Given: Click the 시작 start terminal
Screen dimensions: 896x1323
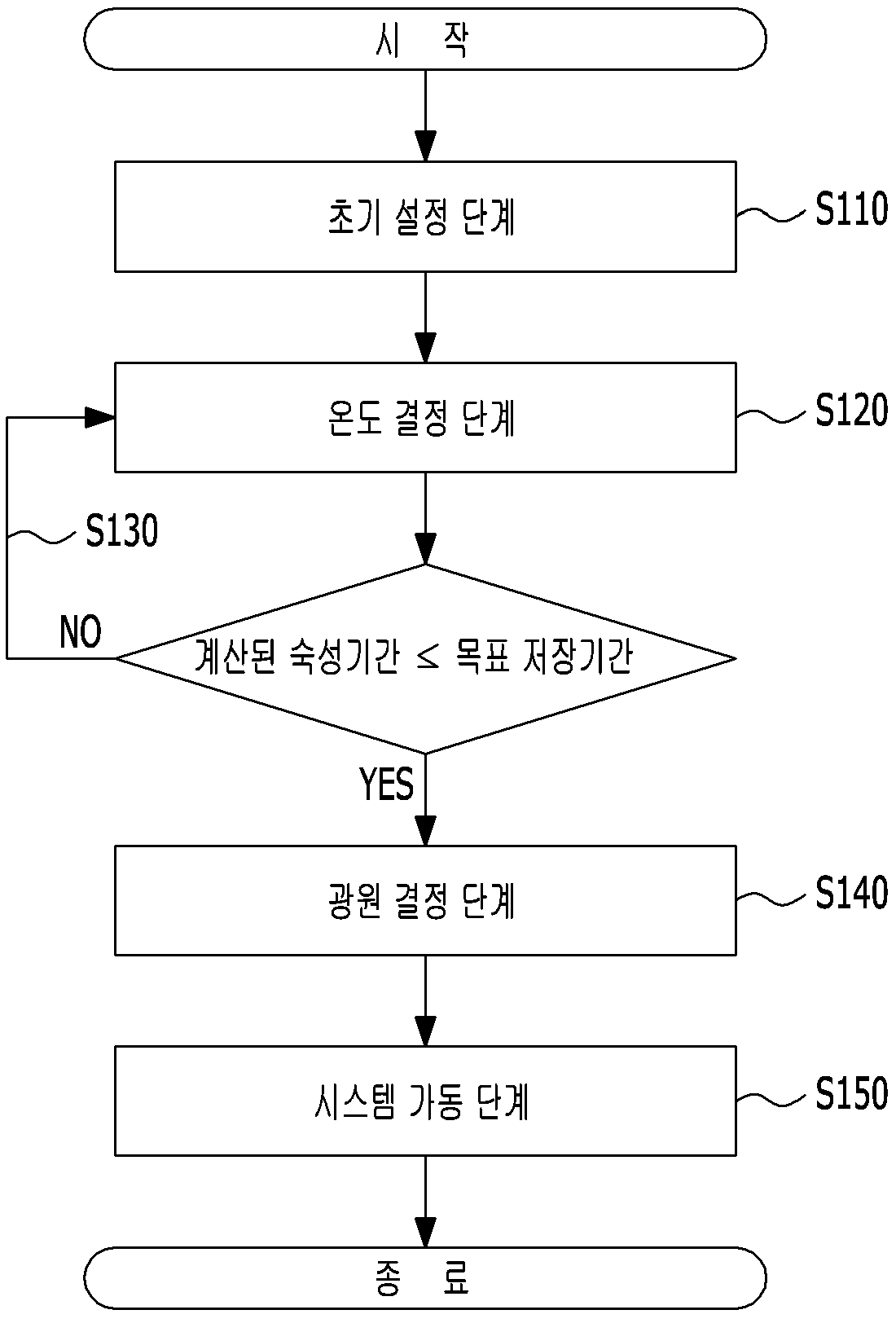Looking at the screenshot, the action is click(x=424, y=39).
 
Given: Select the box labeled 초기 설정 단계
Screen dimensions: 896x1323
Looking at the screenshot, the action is click(x=425, y=217).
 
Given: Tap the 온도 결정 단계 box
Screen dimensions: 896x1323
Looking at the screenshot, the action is click(x=425, y=418).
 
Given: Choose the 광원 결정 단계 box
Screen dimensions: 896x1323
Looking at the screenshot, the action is click(x=425, y=901).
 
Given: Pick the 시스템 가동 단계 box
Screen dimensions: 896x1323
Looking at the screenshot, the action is click(x=425, y=1101).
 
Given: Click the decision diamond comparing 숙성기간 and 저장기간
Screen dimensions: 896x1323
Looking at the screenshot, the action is click(x=425, y=658).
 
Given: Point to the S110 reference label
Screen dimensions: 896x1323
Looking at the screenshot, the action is click(x=851, y=209).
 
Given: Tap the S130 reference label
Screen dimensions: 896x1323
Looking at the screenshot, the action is click(x=121, y=530).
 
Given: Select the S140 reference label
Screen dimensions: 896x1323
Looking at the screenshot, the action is click(x=851, y=892).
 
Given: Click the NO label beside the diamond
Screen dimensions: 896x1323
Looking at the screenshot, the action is click(x=81, y=631).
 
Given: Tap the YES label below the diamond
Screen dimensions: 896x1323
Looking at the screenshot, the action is click(x=386, y=784).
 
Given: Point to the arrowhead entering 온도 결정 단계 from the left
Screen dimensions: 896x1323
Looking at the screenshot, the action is click(x=100, y=418).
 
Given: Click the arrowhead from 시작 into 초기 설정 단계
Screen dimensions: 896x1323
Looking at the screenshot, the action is click(x=425, y=145).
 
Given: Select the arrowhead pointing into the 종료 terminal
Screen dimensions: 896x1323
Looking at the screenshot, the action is click(x=425, y=1233).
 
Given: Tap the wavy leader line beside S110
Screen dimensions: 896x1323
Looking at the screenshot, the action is click(x=771, y=215).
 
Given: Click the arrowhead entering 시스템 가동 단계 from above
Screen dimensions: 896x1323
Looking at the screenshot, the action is click(x=425, y=1031).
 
